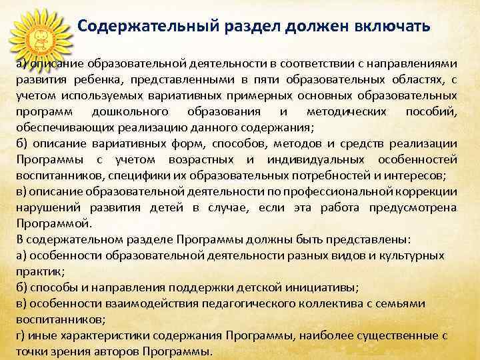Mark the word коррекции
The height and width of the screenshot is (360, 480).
pyautogui.click(x=430, y=191)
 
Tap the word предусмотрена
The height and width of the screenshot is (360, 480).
pyautogui.click(x=412, y=207)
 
